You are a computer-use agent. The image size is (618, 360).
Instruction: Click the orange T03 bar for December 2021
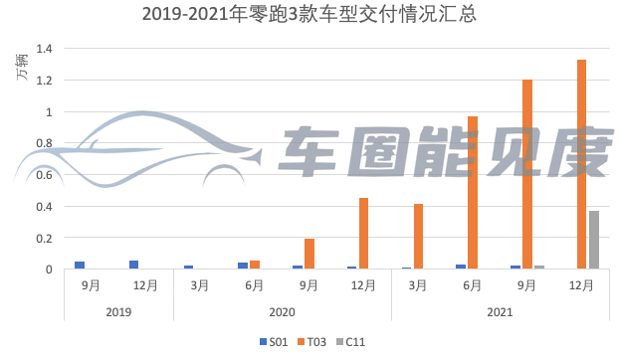581,164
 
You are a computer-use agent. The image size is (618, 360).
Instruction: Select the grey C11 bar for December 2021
594,240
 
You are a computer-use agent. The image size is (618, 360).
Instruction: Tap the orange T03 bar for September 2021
527,174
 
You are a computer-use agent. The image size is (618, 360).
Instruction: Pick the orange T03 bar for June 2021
473,193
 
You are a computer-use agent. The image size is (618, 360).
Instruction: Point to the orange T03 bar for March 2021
419,237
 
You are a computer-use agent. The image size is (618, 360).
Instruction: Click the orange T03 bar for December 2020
364,234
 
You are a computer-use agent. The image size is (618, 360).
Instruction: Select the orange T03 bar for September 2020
309,254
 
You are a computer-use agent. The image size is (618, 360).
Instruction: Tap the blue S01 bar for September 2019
80,266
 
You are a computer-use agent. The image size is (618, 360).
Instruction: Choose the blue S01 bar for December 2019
133,265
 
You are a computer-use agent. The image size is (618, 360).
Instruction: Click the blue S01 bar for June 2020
243,266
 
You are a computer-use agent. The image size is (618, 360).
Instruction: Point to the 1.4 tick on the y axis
43,49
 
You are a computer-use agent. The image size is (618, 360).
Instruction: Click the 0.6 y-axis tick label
43,175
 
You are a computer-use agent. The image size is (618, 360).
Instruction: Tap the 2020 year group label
283,311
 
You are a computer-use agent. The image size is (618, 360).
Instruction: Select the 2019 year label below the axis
119,311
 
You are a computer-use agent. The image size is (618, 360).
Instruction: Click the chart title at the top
309,14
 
